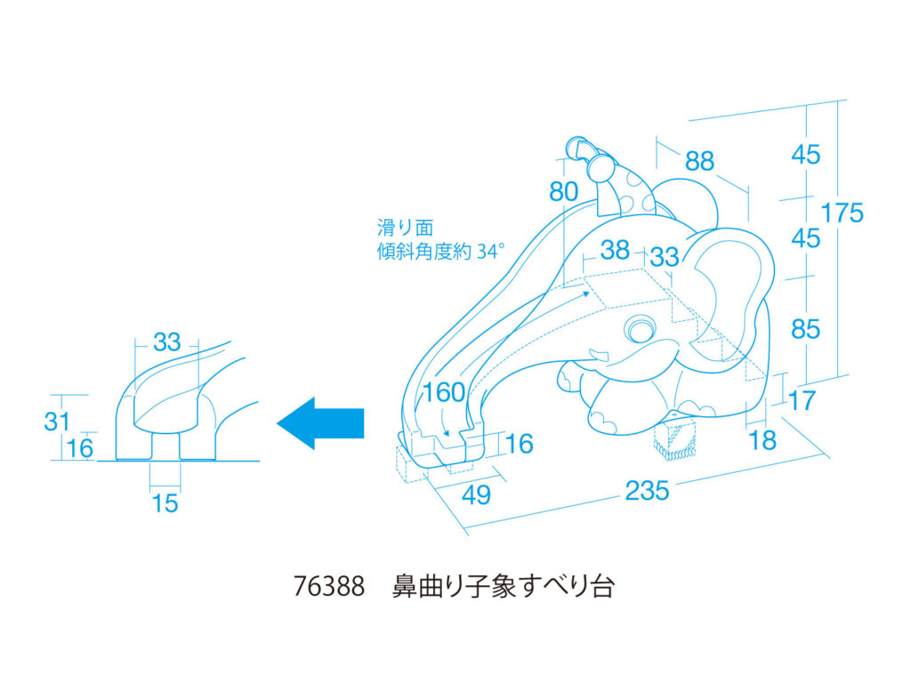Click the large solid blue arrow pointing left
point(322,422)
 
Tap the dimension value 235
point(647,490)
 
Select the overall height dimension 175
point(842,213)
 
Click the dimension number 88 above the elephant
point(699,161)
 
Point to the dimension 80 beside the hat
point(563,191)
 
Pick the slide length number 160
point(444,392)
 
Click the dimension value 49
point(477,494)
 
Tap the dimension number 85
point(805,329)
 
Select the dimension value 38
point(615,250)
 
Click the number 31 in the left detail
point(57,420)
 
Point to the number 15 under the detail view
point(165,503)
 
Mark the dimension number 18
point(762,439)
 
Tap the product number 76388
point(328,587)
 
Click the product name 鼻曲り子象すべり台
point(503,587)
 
